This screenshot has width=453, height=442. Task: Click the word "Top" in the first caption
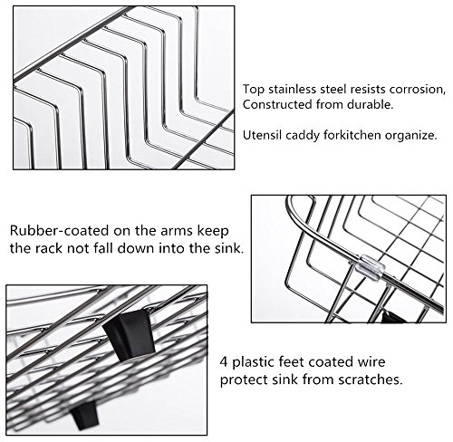(254, 90)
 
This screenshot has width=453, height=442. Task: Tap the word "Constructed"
(277, 104)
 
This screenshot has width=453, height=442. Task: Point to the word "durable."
(371, 104)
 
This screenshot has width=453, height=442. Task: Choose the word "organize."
(411, 136)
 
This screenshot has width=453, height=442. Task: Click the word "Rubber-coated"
(59, 231)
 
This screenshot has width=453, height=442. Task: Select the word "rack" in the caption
(48, 248)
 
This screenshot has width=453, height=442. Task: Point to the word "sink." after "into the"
(229, 248)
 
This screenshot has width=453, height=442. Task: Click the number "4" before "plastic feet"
(224, 361)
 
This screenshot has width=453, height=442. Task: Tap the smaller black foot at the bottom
(84, 415)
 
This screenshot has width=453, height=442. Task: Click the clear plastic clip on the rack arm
(372, 267)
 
